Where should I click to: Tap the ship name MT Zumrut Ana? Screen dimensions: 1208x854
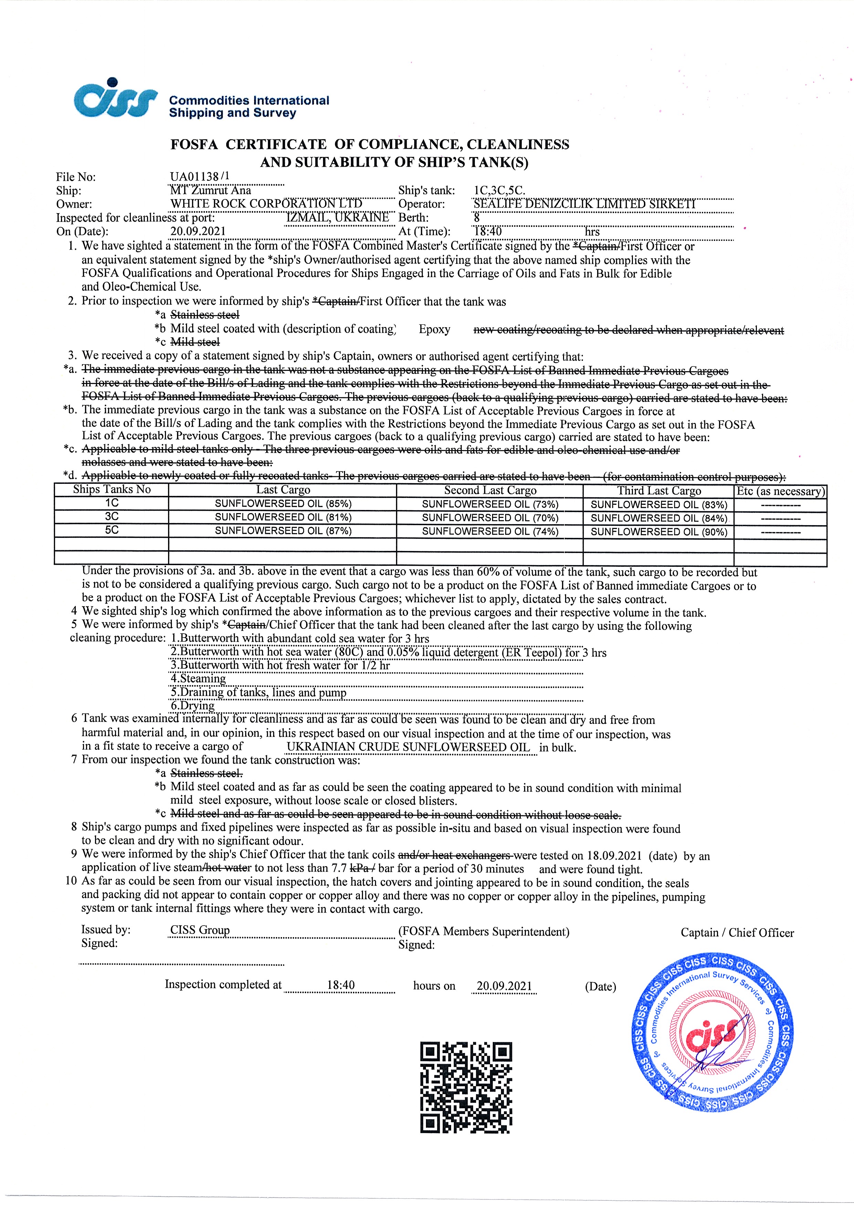[210, 190]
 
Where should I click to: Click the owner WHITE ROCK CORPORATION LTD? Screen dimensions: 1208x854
[266, 204]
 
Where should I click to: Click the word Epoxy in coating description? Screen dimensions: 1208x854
[434, 329]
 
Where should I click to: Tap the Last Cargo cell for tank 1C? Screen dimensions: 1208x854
[283, 503]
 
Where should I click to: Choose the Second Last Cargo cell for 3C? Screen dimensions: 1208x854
[490, 518]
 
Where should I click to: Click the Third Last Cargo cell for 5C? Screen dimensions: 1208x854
[658, 532]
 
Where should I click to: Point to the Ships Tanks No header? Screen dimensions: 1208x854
[112, 490]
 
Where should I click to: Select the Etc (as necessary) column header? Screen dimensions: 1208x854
[780, 491]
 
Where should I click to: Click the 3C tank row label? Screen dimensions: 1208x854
[112, 517]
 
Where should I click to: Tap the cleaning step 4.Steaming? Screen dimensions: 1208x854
[198, 679]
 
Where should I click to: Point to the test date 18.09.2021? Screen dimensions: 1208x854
[614, 856]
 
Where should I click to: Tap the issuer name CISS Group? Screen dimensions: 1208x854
[200, 930]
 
